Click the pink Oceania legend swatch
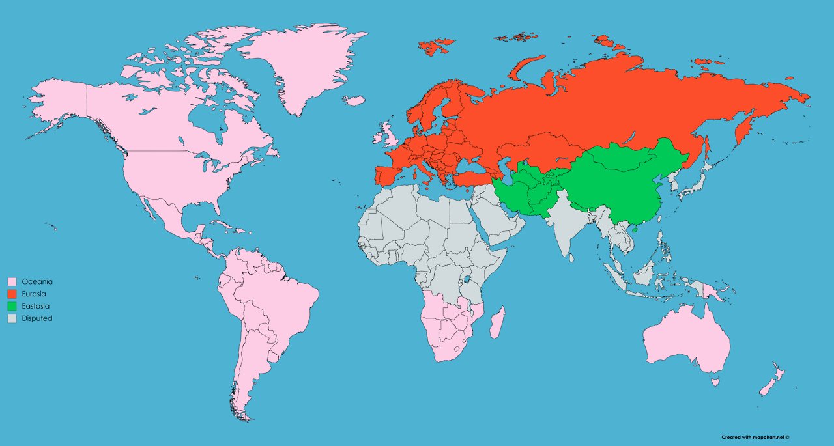tap(11, 282)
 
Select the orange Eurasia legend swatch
tap(11, 294)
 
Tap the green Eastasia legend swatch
tap(11, 306)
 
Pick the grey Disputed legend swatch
tap(11, 318)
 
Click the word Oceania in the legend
tap(37, 282)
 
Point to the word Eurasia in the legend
tap(34, 294)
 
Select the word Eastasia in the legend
tap(36, 306)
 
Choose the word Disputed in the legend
tap(37, 318)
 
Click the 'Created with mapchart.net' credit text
tap(755, 437)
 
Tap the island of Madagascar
tap(497, 324)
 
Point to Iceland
tap(354, 101)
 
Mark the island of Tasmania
tap(715, 383)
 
